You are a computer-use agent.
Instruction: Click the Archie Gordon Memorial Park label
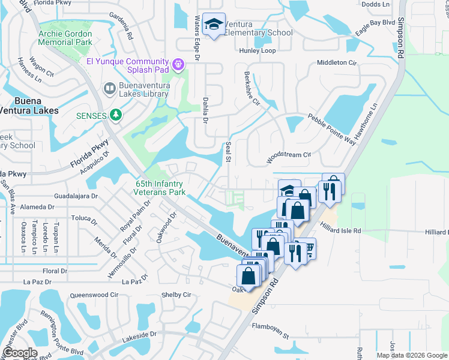pyautogui.click(x=65, y=38)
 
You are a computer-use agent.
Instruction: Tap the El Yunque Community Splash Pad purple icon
pyautogui.click(x=178, y=63)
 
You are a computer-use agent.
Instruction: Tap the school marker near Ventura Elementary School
pyautogui.click(x=214, y=25)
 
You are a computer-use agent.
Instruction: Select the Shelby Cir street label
pyautogui.click(x=176, y=295)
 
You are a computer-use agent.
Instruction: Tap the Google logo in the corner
pyautogui.click(x=20, y=353)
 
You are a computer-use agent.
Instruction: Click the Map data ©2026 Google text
pyautogui.click(x=412, y=355)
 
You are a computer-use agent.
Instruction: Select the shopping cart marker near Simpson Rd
pyautogui.click(x=308, y=248)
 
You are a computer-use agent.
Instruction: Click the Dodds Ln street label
pyautogui.click(x=376, y=4)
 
